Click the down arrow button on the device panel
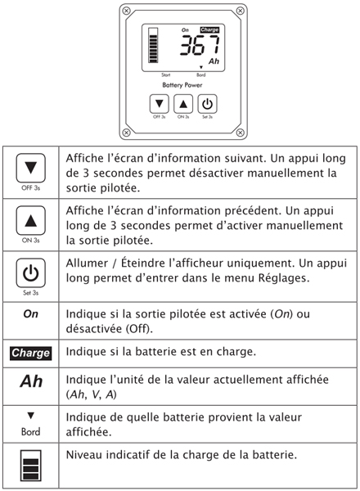(160, 103)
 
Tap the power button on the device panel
(207, 104)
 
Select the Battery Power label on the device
(182, 85)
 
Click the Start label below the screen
(151, 74)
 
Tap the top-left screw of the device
(125, 11)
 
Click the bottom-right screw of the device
(240, 133)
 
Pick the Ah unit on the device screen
(214, 61)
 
